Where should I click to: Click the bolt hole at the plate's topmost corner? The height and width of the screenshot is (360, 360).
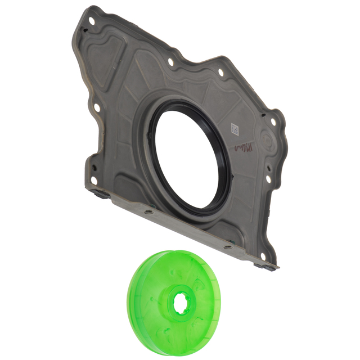point(91,21)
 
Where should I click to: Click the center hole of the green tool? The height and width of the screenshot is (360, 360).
point(182,302)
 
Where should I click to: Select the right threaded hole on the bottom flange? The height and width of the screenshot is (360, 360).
point(228,246)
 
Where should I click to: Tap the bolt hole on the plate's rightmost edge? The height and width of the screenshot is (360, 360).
point(273,121)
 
